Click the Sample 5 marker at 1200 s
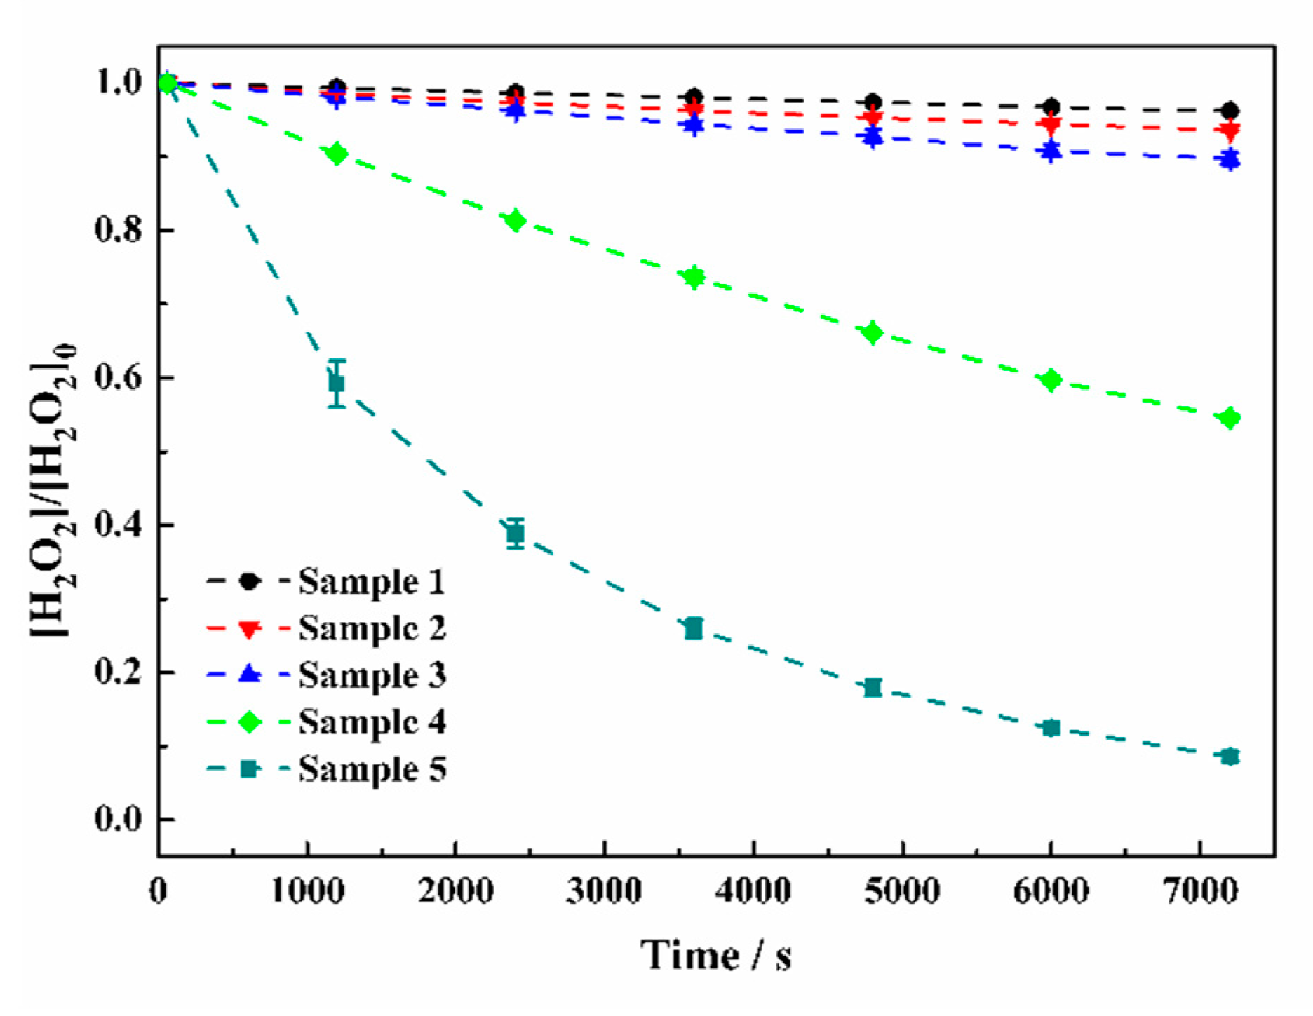[337, 383]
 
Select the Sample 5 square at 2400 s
[516, 534]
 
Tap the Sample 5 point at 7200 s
[1230, 757]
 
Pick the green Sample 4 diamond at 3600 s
[694, 277]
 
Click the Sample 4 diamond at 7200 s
[1230, 419]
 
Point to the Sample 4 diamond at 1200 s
[337, 154]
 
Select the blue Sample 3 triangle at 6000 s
[1051, 150]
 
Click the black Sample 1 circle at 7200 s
[1230, 111]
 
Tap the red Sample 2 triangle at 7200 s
[1230, 131]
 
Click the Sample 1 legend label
[372, 582]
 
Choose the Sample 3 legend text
[372, 675]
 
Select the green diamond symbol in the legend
[250, 722]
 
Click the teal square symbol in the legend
[250, 769]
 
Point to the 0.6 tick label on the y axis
[118, 378]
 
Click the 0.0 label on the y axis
[118, 819]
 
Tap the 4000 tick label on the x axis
[753, 891]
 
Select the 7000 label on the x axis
[1199, 891]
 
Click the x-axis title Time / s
[715, 955]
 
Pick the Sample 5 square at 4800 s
[873, 687]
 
